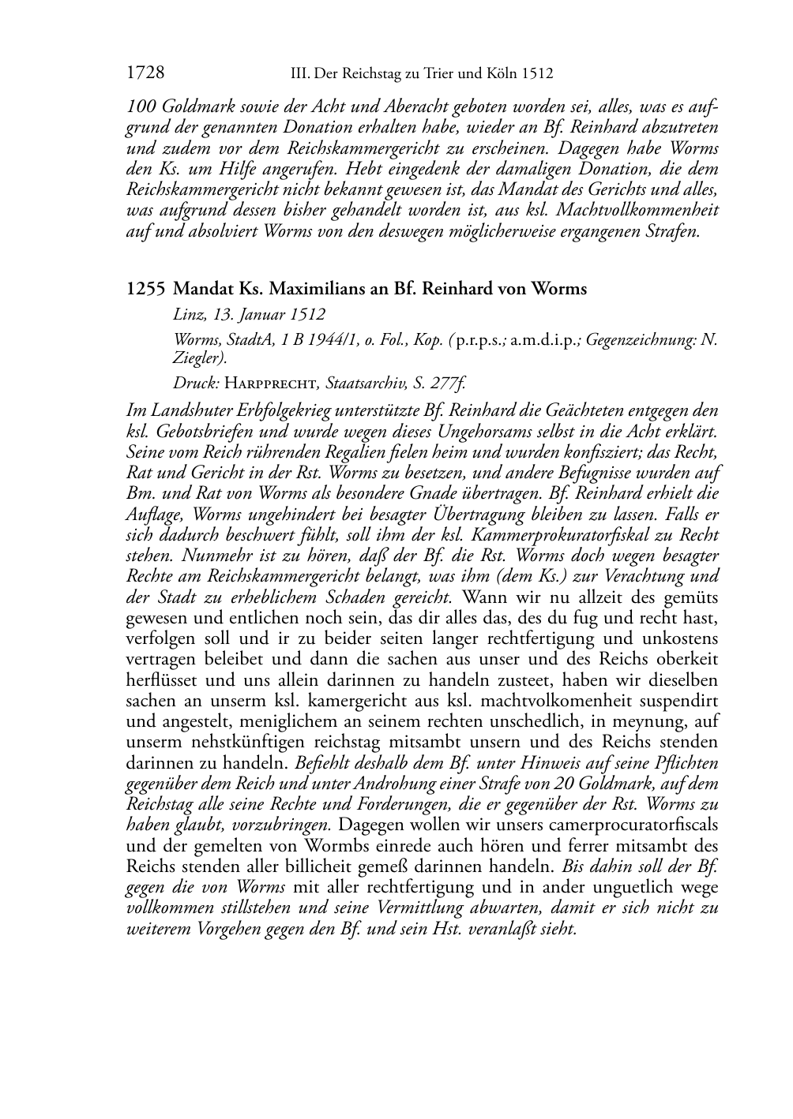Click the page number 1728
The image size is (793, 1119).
click(x=145, y=73)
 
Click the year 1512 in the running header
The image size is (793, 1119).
click(x=537, y=74)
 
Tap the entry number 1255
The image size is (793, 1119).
click(x=145, y=289)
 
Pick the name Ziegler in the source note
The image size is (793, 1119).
click(x=197, y=358)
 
